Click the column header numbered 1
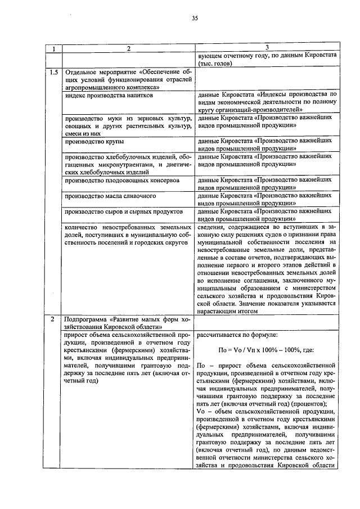54,49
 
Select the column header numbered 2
128,49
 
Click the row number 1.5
54,72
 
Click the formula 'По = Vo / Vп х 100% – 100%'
266,349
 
